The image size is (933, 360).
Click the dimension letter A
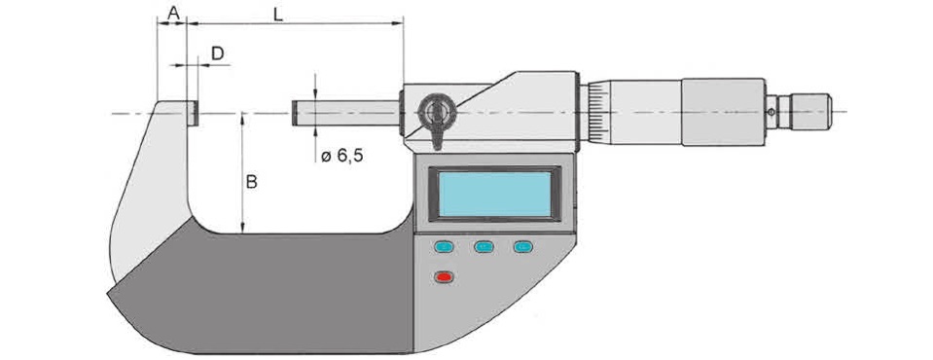173,13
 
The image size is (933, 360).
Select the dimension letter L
278,16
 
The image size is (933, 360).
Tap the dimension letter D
218,54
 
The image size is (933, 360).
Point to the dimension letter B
252,182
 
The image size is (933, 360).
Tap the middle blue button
484,246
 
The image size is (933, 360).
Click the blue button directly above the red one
444,246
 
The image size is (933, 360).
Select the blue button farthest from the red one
523,246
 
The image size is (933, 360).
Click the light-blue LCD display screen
494,194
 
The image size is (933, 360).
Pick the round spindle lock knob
436,111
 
